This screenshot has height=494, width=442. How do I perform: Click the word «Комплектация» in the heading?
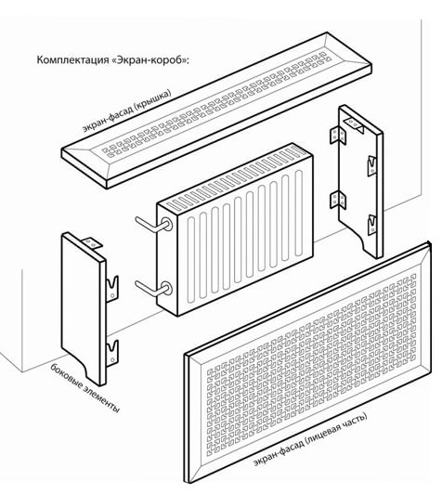[72, 59]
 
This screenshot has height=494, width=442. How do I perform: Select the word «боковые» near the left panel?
[67, 378]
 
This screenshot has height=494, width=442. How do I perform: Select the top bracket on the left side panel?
[92, 242]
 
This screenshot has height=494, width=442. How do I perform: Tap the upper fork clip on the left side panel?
[111, 288]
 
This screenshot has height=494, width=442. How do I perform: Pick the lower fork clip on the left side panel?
[111, 352]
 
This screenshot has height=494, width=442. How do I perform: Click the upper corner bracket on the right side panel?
[338, 136]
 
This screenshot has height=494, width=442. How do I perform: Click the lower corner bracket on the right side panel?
[338, 200]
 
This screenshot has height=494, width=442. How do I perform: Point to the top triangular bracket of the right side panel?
[354, 124]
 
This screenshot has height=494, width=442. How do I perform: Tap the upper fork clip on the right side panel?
[372, 165]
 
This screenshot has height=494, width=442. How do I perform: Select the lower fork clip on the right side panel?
[372, 224]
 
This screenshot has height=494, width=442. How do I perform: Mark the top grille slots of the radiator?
[236, 178]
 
